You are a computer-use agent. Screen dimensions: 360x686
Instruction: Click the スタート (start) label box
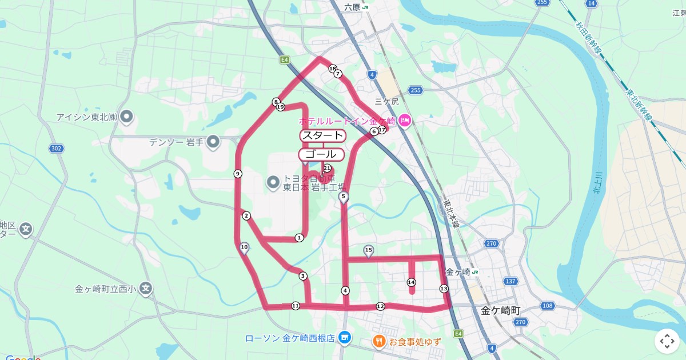(x=323, y=135)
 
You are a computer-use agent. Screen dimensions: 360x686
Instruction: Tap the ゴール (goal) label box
(x=321, y=154)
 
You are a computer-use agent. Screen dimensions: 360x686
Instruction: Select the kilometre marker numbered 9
(x=238, y=174)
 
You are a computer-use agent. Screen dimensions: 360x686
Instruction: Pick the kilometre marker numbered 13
(x=444, y=289)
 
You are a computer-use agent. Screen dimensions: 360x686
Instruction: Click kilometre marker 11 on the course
(x=295, y=306)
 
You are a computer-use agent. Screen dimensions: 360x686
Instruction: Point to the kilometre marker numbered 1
(x=299, y=238)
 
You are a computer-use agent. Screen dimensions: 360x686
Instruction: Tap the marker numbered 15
(x=369, y=250)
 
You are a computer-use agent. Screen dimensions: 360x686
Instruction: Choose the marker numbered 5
(x=344, y=197)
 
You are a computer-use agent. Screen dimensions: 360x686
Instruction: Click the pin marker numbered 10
(x=244, y=247)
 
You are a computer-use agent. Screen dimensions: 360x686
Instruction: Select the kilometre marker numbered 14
(x=411, y=282)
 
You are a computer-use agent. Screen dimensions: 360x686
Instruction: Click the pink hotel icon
(x=405, y=120)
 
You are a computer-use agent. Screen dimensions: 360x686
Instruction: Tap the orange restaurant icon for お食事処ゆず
(x=379, y=342)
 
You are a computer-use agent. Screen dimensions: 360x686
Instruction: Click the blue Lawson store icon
(x=344, y=338)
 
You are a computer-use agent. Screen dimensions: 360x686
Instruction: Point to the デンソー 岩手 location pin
(x=214, y=141)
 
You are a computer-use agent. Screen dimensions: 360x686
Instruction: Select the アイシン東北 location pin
(x=127, y=117)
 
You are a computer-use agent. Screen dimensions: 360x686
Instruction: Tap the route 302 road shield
(x=56, y=149)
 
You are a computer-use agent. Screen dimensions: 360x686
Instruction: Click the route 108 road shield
(x=547, y=306)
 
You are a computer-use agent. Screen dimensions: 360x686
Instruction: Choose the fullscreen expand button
(x=667, y=342)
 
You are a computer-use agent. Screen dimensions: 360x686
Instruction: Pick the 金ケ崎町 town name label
(x=500, y=311)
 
